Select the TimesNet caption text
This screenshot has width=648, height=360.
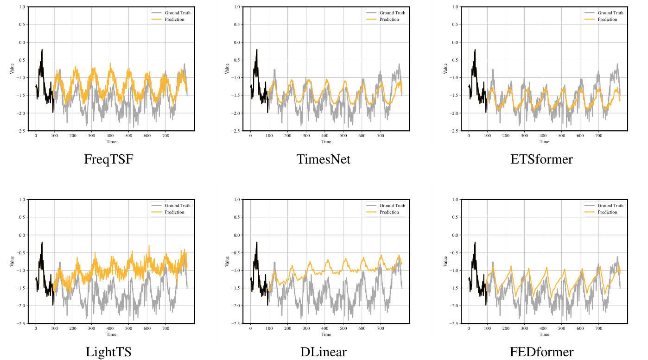pyautogui.click(x=324, y=160)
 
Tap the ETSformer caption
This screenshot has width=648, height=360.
pyautogui.click(x=541, y=160)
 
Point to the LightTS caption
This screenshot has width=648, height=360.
pyautogui.click(x=108, y=352)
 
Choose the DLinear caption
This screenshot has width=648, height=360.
pyautogui.click(x=324, y=352)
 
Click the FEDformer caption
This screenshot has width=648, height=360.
pyautogui.click(x=541, y=352)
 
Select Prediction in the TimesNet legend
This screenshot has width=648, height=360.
pyautogui.click(x=389, y=19)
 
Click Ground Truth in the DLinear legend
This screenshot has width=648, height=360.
pyautogui.click(x=392, y=206)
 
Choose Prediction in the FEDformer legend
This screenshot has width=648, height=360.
pyautogui.click(x=607, y=212)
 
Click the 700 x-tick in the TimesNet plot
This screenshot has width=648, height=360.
pyautogui.click(x=380, y=136)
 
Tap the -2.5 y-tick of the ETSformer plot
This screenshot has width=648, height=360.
pyautogui.click(x=455, y=131)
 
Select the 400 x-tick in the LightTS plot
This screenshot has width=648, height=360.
pyautogui.click(x=110, y=329)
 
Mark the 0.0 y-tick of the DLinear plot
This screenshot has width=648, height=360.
pyautogui.click(x=237, y=235)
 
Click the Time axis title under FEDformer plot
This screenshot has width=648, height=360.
pyautogui.click(x=544, y=334)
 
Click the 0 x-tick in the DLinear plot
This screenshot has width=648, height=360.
pyautogui.click(x=250, y=329)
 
